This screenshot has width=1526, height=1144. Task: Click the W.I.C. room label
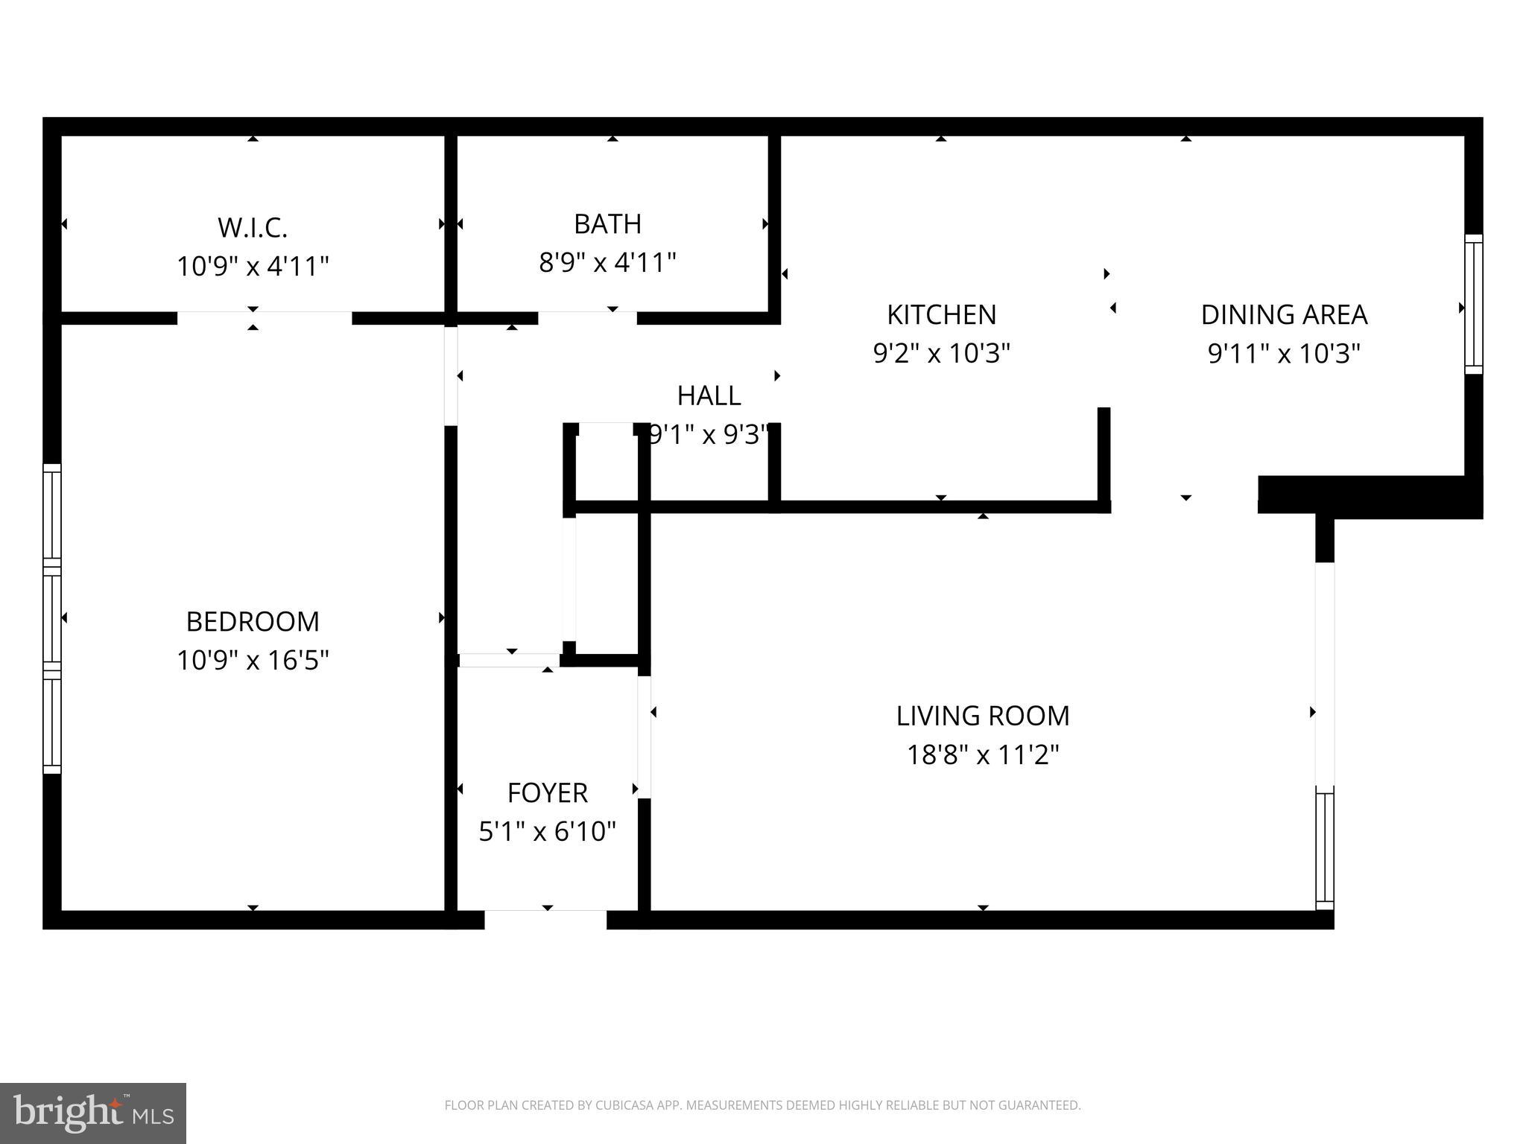pyautogui.click(x=253, y=227)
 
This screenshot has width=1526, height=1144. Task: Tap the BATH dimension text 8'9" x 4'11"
pyautogui.click(x=607, y=262)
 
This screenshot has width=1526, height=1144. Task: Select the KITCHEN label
pyautogui.click(x=941, y=314)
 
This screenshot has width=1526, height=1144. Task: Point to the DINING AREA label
pyautogui.click(x=1284, y=314)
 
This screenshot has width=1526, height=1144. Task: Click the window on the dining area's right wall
pyautogui.click(x=1473, y=304)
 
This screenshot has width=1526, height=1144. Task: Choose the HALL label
pyautogui.click(x=709, y=395)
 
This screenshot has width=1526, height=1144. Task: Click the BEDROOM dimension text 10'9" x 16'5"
pyautogui.click(x=253, y=660)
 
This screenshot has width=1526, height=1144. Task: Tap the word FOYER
pyautogui.click(x=547, y=792)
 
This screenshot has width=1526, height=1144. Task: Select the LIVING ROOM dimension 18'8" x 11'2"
pyautogui.click(x=982, y=754)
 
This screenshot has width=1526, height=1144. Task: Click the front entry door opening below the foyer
pyautogui.click(x=545, y=919)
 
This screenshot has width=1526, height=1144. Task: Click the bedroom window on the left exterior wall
pyautogui.click(x=51, y=618)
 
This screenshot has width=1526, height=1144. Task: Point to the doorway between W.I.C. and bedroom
pyautogui.click(x=264, y=319)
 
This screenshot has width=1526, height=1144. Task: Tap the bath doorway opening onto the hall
pyautogui.click(x=587, y=319)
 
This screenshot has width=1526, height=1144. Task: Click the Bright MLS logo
pyautogui.click(x=92, y=1113)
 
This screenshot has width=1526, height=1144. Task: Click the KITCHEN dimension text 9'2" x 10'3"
pyautogui.click(x=941, y=353)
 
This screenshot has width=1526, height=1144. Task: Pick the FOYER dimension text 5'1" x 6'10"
pyautogui.click(x=547, y=831)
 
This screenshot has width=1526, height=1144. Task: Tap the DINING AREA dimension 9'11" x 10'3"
pyautogui.click(x=1284, y=353)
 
